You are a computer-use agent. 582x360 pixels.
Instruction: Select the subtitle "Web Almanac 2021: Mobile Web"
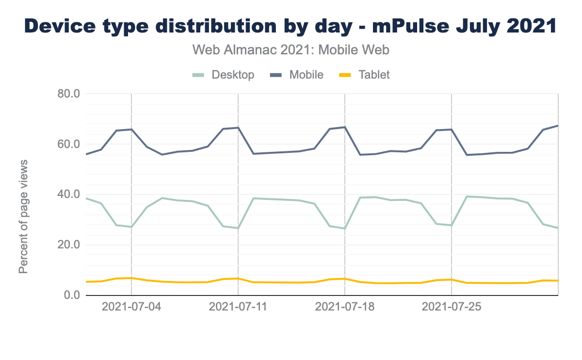click(291, 49)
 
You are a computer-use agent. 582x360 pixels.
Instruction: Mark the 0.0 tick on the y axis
click(70, 295)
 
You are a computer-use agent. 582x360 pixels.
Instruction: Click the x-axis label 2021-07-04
click(131, 308)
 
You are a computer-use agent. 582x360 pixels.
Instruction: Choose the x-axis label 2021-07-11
click(238, 308)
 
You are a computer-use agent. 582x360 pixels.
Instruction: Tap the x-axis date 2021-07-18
click(345, 308)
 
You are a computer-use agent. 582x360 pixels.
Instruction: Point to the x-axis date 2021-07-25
click(452, 308)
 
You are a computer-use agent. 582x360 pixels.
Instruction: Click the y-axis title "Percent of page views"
click(23, 216)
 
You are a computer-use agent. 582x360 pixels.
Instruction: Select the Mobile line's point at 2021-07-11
click(238, 128)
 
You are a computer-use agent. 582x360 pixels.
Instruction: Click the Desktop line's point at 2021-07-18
click(345, 229)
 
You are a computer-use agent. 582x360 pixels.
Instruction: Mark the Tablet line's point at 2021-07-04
click(131, 278)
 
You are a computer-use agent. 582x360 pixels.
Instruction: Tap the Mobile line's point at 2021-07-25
click(452, 130)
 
